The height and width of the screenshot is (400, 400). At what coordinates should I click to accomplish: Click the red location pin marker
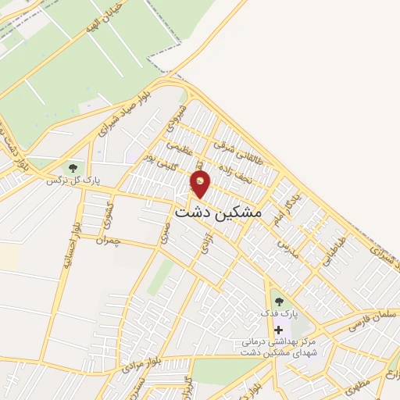point(201,184)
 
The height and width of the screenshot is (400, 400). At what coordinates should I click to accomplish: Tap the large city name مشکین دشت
point(219,212)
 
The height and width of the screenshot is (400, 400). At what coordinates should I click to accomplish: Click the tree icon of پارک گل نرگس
point(73,168)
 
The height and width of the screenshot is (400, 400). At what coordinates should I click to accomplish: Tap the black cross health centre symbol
point(278,330)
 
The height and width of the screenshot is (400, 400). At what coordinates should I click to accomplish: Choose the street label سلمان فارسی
point(362,323)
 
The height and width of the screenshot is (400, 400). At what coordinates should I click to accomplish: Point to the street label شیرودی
point(177,118)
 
